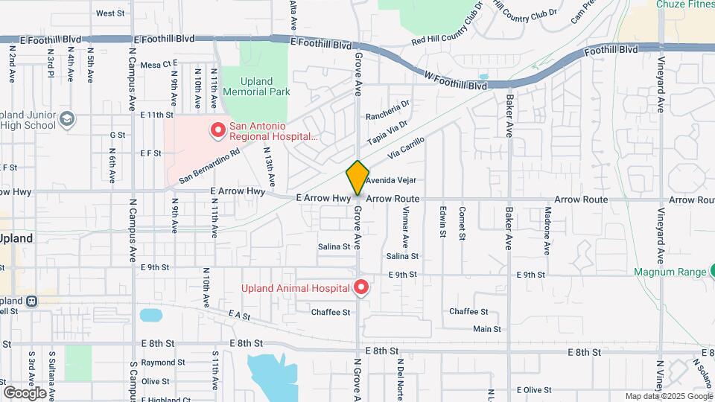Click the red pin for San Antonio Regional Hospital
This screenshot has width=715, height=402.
pyautogui.click(x=218, y=130)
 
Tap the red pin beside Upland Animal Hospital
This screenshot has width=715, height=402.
pyautogui.click(x=361, y=287)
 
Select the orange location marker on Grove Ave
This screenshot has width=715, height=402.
pyautogui.click(x=357, y=178)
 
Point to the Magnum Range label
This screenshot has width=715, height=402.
pyautogui.click(x=670, y=272)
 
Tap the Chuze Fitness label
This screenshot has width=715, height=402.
pyautogui.click(x=684, y=4)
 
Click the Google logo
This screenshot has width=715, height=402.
pyautogui.click(x=25, y=392)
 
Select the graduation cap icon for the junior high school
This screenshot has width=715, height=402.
pyautogui.click(x=68, y=119)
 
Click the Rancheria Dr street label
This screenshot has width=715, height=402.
pyautogui.click(x=388, y=110)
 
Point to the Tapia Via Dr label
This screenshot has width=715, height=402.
pyautogui.click(x=387, y=134)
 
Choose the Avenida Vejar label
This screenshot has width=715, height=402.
pyautogui.click(x=390, y=180)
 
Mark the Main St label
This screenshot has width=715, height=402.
pyautogui.click(x=487, y=328)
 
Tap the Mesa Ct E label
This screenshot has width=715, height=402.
pyautogui.click(x=156, y=64)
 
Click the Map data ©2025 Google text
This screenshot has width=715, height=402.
pyautogui.click(x=668, y=396)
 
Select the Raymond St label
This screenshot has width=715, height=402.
pyautogui.click(x=157, y=363)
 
